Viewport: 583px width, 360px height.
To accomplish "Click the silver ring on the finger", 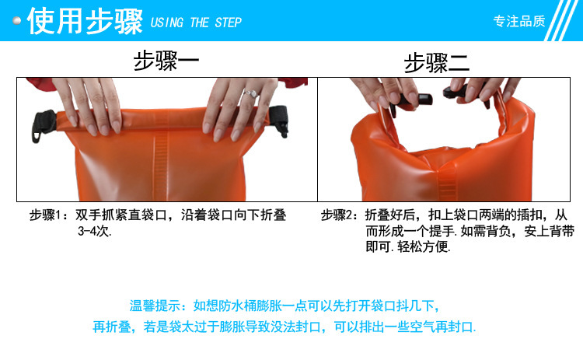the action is (x=251, y=93).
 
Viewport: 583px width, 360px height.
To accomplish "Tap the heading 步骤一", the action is (x=166, y=61).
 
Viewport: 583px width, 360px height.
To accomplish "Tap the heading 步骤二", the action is (x=437, y=62).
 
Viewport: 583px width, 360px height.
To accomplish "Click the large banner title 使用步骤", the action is (x=86, y=21).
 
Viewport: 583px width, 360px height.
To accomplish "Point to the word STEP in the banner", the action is (x=228, y=23).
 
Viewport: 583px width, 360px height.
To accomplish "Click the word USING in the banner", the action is (x=167, y=23).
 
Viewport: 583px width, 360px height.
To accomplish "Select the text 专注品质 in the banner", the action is (x=519, y=21).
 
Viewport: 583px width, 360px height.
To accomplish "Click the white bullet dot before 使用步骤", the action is (x=17, y=20).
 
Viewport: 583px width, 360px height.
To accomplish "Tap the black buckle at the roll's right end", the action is (x=279, y=120).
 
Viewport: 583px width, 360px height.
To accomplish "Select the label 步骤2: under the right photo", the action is (x=340, y=215).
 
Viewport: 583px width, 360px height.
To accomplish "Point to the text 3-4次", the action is (x=94, y=232).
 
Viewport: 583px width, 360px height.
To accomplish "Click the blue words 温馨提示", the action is (x=155, y=306).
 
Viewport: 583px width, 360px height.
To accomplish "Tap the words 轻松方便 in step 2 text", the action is (x=423, y=246).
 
